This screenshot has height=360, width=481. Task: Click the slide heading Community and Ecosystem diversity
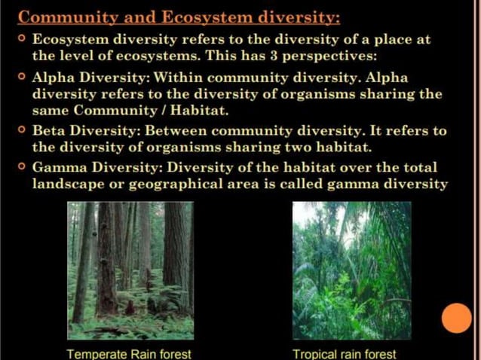coord(179,17)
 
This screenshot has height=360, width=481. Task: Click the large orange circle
coord(456,318)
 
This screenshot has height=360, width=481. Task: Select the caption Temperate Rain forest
coord(129,352)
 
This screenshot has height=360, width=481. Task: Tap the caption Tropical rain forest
coord(345,352)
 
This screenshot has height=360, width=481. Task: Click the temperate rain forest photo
coord(130,270)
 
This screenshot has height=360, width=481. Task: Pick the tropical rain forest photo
coord(351,270)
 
